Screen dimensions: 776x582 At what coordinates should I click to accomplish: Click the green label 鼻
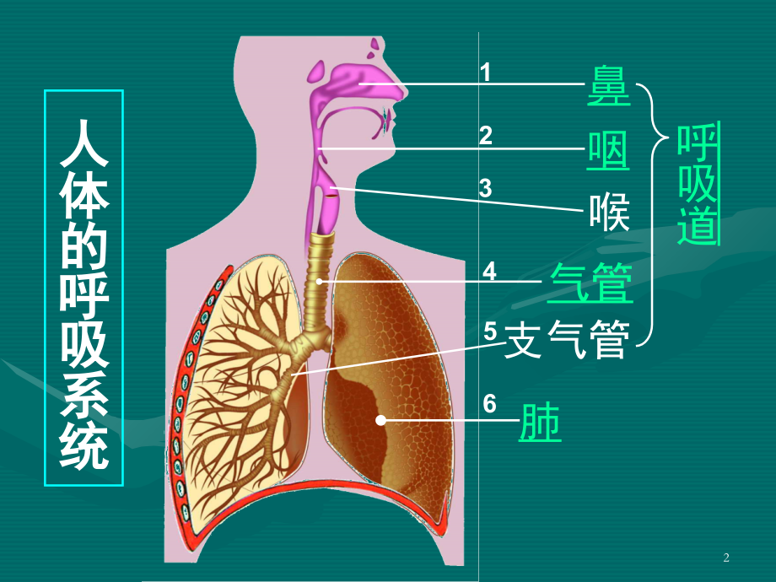pos(609,86)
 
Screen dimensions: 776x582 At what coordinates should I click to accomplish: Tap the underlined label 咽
pos(608,152)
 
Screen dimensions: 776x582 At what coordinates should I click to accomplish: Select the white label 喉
pos(609,213)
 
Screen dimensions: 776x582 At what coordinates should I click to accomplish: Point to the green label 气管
pos(590,283)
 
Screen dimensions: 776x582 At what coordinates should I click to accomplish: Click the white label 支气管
pos(567,339)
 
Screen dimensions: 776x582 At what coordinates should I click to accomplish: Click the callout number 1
pos(486,72)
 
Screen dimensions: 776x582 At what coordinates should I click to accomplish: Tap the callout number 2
pos(486,136)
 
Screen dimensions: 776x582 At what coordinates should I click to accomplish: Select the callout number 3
pos(486,189)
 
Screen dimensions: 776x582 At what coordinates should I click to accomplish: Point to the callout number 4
pos(489,272)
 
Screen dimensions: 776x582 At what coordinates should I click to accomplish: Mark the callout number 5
pos(490,331)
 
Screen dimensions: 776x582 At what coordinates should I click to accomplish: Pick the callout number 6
pos(489,404)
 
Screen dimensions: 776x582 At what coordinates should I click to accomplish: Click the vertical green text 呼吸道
pos(698,184)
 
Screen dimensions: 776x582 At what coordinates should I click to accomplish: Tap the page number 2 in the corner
pos(726,558)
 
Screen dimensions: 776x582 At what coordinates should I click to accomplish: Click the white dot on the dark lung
pos(380,420)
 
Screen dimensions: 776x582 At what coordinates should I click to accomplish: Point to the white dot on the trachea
pos(319,282)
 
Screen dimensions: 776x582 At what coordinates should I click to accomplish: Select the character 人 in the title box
pos(84,143)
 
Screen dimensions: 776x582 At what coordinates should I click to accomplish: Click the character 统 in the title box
pos(84,445)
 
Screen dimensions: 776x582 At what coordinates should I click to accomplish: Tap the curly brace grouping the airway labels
pos(652,215)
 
